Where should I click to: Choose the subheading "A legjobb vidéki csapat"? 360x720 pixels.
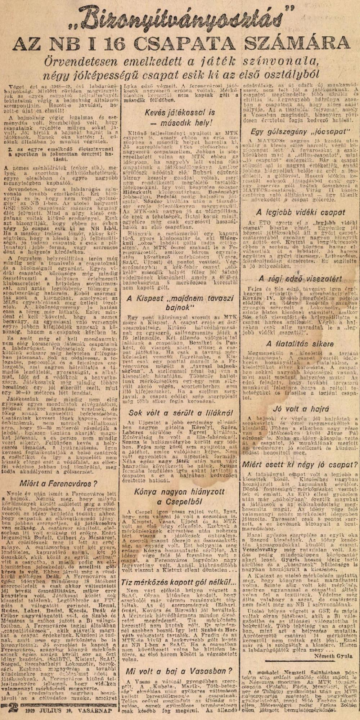pos(301,212)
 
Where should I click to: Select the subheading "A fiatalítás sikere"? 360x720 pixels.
pos(300,343)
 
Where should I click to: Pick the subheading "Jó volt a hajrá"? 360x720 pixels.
pos(301,409)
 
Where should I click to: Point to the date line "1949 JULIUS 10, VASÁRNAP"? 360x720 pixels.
pos(67,712)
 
